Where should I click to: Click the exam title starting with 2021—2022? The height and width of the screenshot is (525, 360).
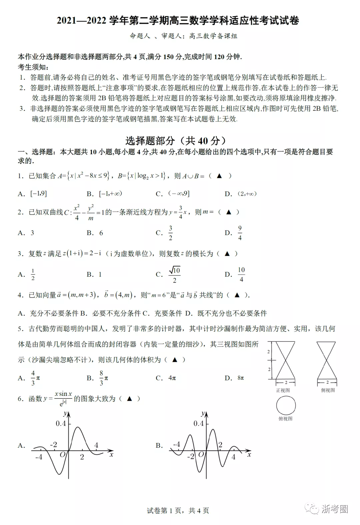178,21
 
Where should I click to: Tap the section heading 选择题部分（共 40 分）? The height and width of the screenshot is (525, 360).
176,141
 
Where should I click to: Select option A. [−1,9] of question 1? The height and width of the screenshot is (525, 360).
33,194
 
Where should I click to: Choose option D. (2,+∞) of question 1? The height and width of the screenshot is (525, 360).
241,194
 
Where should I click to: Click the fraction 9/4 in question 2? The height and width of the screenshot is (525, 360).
240,233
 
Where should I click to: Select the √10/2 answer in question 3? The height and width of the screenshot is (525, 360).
174,274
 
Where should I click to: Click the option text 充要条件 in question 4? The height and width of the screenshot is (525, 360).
168,313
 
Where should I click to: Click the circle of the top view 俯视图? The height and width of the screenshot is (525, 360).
286,405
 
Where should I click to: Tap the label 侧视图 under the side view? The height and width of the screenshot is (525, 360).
328,390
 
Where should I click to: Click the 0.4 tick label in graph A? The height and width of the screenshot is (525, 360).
61,423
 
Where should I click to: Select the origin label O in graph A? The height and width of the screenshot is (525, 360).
62,455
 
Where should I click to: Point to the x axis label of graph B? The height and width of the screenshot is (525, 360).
249,454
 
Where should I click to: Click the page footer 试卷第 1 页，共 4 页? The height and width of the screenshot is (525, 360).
178,511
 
